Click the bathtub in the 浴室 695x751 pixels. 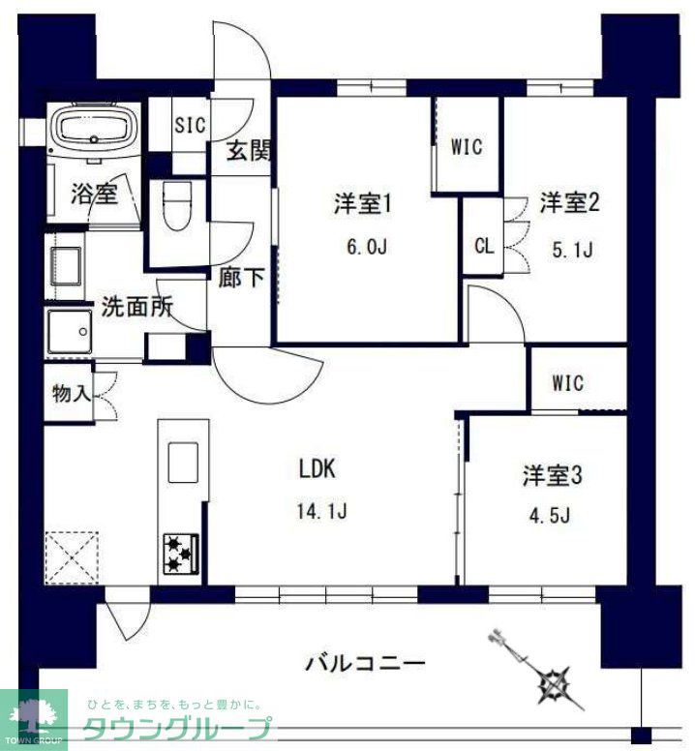[96, 131]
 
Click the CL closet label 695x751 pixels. [484, 245]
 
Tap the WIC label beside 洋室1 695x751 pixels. [466, 148]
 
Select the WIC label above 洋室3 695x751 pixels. [568, 383]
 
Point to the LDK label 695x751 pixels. [317, 470]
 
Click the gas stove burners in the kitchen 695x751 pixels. [179, 553]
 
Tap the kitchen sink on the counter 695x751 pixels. [182, 463]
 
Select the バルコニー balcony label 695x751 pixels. [365, 665]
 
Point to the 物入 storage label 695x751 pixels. [72, 393]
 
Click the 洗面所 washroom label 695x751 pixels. [137, 308]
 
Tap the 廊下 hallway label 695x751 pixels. [242, 279]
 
